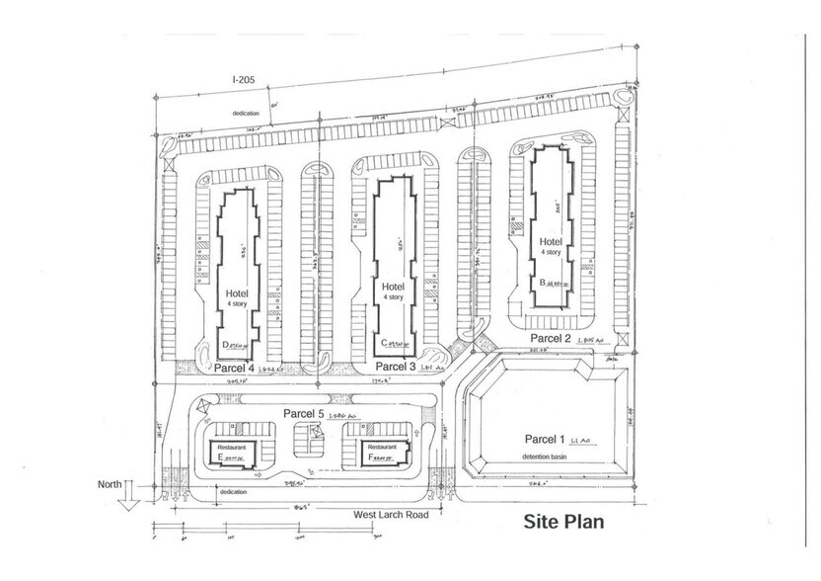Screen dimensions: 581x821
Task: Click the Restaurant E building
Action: pyautogui.click(x=232, y=453)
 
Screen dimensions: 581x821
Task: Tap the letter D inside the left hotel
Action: pyautogui.click(x=226, y=344)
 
